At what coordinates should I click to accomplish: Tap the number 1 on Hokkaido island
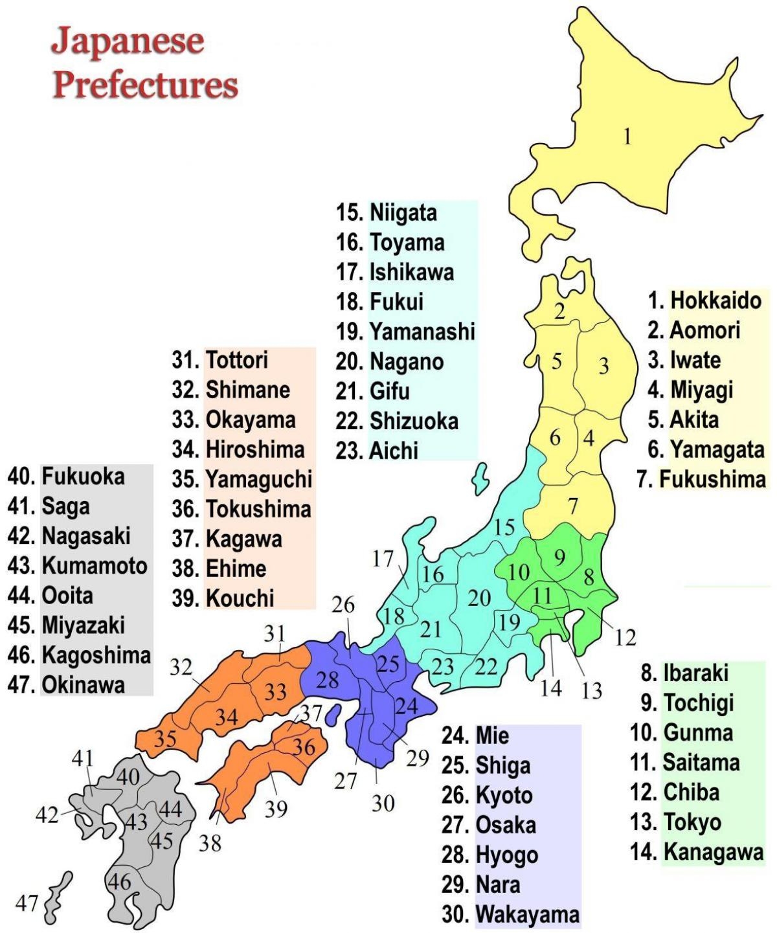(627, 137)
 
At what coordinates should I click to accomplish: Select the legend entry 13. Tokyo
(676, 822)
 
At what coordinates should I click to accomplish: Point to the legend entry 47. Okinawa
(66, 684)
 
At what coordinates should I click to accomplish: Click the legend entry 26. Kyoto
(487, 795)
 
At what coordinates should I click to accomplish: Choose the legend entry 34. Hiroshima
(238, 449)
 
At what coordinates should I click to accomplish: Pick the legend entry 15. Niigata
(387, 212)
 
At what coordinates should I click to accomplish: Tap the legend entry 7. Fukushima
(701, 479)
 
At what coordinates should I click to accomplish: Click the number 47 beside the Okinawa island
(27, 902)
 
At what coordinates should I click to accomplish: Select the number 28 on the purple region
(328, 680)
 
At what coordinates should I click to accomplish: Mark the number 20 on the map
(479, 598)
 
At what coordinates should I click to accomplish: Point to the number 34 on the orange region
(227, 717)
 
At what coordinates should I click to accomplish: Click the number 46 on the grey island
(119, 881)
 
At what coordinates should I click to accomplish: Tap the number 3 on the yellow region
(603, 366)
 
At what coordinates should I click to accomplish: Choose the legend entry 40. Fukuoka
(66, 477)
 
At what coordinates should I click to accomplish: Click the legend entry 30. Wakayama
(510, 914)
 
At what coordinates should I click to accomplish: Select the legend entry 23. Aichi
(377, 451)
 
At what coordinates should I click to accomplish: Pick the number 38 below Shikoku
(210, 843)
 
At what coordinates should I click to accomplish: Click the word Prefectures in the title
(146, 85)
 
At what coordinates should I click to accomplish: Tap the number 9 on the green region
(559, 556)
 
